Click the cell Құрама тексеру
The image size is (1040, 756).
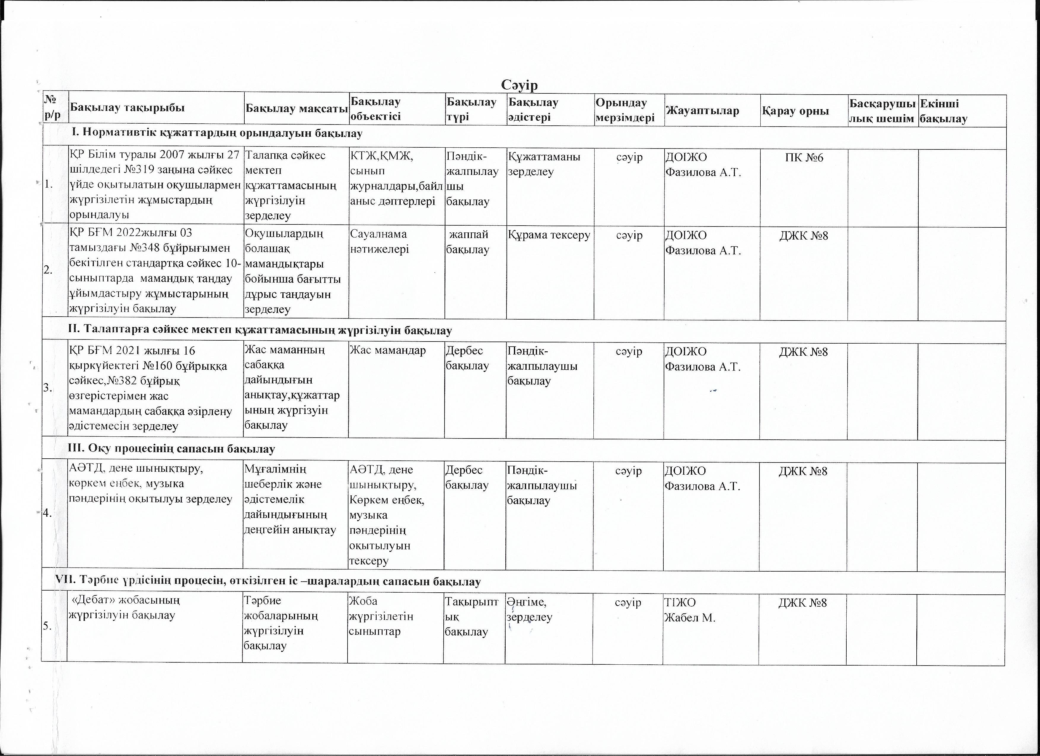pyautogui.click(x=549, y=235)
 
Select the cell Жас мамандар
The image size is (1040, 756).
pyautogui.click(x=388, y=350)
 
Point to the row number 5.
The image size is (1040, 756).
pyautogui.click(x=47, y=626)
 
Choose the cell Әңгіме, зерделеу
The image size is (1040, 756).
pyautogui.click(x=530, y=609)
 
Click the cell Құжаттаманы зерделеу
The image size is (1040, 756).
pyautogui.click(x=544, y=164)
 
